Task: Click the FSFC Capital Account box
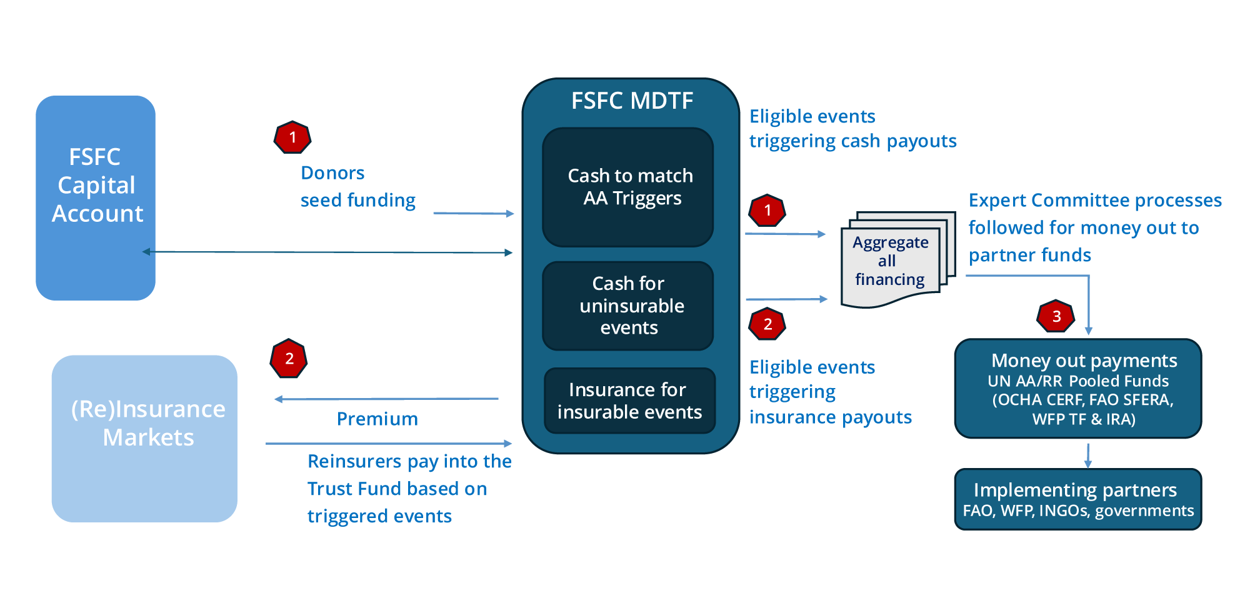96,197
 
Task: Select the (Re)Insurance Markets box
144,438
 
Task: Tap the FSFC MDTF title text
632,101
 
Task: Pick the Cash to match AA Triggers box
628,187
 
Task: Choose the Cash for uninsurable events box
628,306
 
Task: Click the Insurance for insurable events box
629,401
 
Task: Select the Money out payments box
1077,389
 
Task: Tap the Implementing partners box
1077,499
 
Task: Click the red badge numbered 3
1056,316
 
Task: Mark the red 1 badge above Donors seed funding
292,137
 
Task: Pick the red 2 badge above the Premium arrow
289,359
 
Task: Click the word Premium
377,419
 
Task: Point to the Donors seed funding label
357,186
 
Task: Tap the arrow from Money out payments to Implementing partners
1088,455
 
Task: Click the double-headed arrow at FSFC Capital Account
327,252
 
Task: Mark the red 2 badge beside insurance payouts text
767,324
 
